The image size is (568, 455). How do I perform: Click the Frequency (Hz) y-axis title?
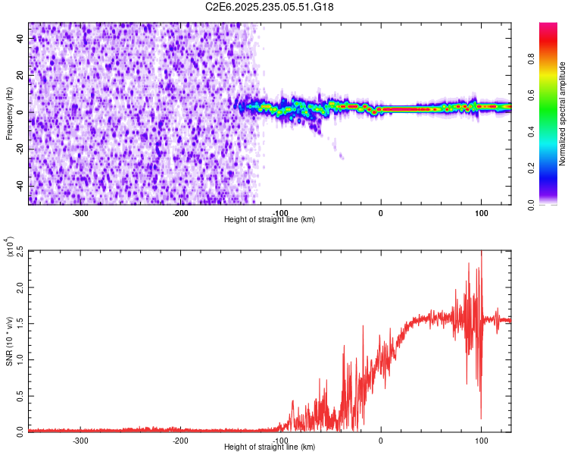[9, 113]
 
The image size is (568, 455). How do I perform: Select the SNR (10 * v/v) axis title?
[9, 340]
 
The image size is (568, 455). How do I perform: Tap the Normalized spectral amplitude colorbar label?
[563, 115]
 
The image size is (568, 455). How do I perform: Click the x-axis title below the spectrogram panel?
[270, 220]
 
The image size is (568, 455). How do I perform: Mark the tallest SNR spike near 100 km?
[482, 254]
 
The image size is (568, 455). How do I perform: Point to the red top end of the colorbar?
[548, 26]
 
